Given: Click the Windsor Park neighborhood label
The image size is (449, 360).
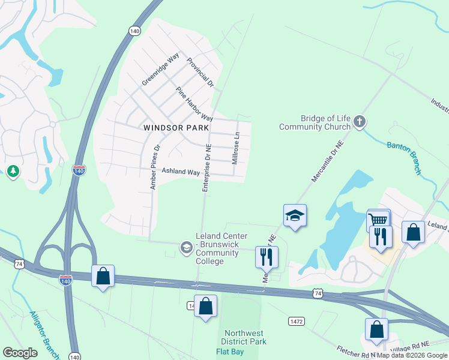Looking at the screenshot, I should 176,128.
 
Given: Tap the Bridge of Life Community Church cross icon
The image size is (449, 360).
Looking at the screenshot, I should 360,122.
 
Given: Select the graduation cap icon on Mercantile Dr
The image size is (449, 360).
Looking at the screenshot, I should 295,215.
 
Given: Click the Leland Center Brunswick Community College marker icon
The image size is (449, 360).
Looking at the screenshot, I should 186,247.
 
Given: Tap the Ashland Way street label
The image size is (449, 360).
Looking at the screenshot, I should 180,172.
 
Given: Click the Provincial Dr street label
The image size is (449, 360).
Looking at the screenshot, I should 200,73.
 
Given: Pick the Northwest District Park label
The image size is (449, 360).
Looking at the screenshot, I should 245,337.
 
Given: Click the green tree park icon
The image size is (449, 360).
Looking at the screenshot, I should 13,172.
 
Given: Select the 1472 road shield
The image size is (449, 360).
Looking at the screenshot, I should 295,322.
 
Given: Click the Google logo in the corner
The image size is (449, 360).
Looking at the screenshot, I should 20,352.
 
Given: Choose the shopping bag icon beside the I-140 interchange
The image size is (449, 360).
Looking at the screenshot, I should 103,276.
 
